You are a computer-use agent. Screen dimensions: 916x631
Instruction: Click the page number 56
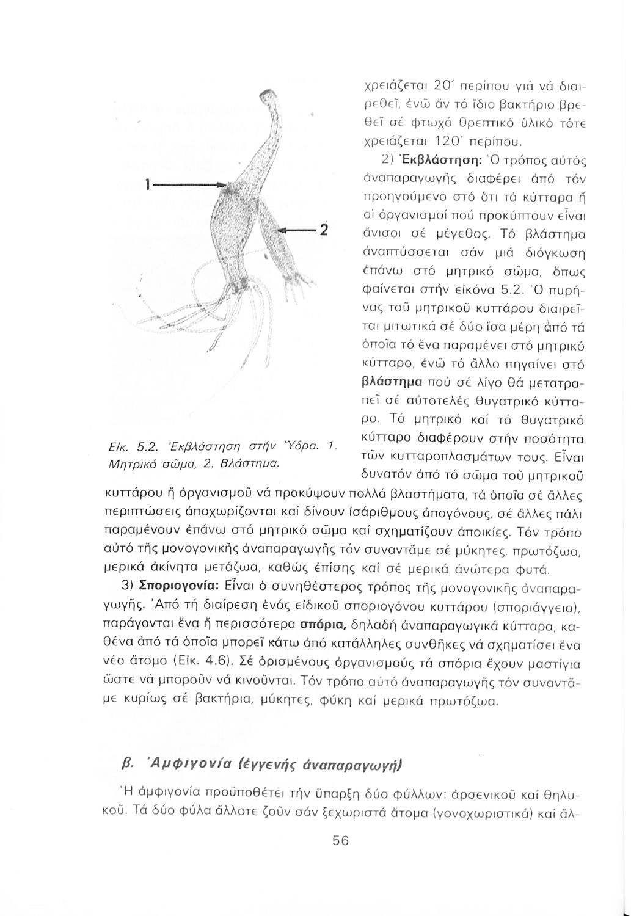[340, 840]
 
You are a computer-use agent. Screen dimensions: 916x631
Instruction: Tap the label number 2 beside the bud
[324, 231]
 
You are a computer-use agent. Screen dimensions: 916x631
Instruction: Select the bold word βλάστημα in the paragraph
[391, 383]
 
